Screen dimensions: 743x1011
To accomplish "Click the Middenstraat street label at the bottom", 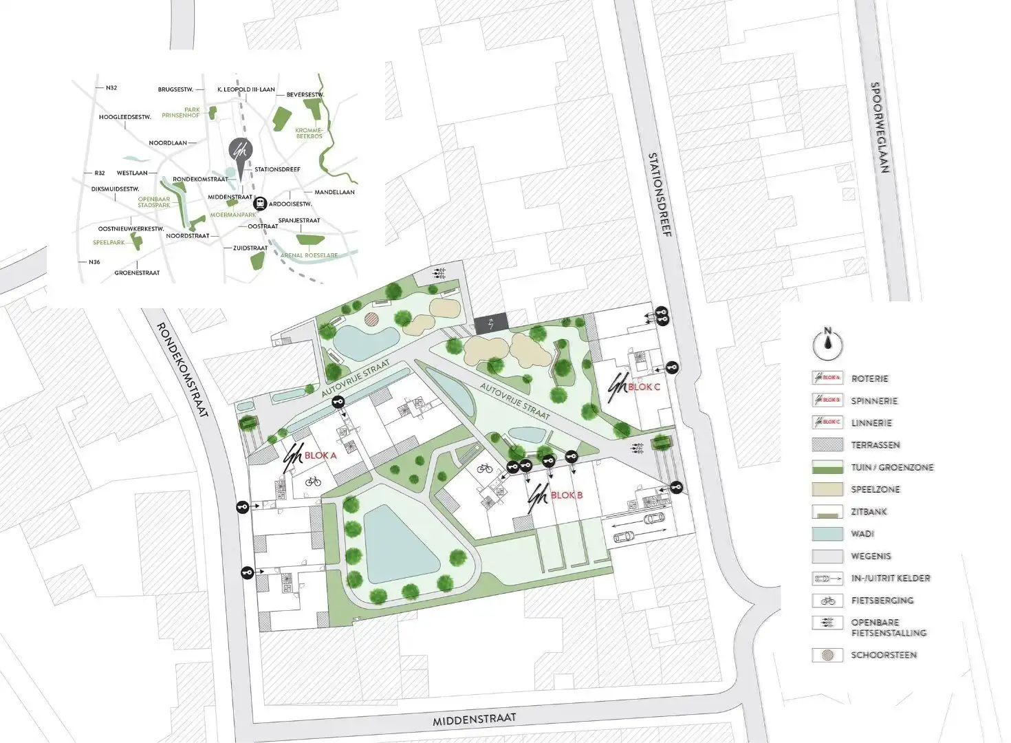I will (x=474, y=720).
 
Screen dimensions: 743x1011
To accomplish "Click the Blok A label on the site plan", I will (x=320, y=455).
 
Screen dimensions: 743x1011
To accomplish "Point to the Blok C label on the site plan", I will (x=644, y=387).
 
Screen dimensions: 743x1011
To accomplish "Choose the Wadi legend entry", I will (x=862, y=534).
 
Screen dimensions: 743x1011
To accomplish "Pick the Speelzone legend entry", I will (x=875, y=489).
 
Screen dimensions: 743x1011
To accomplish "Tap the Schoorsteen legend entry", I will (x=884, y=655).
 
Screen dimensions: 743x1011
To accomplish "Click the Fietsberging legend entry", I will (x=882, y=600).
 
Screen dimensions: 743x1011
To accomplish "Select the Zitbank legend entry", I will (x=869, y=512).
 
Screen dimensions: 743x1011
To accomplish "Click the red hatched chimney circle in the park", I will (x=371, y=319).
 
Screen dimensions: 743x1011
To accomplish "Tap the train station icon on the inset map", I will (x=261, y=204).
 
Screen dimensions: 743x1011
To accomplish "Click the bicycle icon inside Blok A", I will (x=313, y=482).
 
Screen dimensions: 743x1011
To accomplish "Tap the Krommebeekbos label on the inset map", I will (x=308, y=133).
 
